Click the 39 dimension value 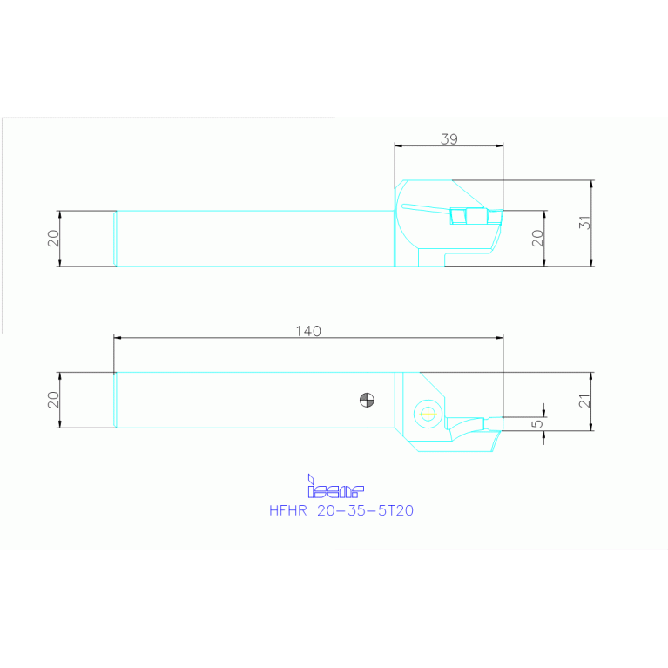click(x=449, y=138)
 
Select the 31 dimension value click(x=586, y=223)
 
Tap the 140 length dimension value click(x=308, y=331)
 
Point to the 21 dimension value click(x=586, y=401)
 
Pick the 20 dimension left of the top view click(x=53, y=238)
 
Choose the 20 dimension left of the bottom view click(x=53, y=400)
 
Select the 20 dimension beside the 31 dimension click(x=538, y=238)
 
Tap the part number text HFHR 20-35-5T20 click(x=341, y=511)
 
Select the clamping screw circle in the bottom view click(x=427, y=413)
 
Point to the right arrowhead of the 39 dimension click(x=501, y=145)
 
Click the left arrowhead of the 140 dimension click(x=118, y=337)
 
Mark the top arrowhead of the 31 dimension click(x=592, y=183)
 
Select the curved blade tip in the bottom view click(x=470, y=424)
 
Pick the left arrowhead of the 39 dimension click(x=397, y=145)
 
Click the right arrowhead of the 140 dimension click(x=501, y=337)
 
